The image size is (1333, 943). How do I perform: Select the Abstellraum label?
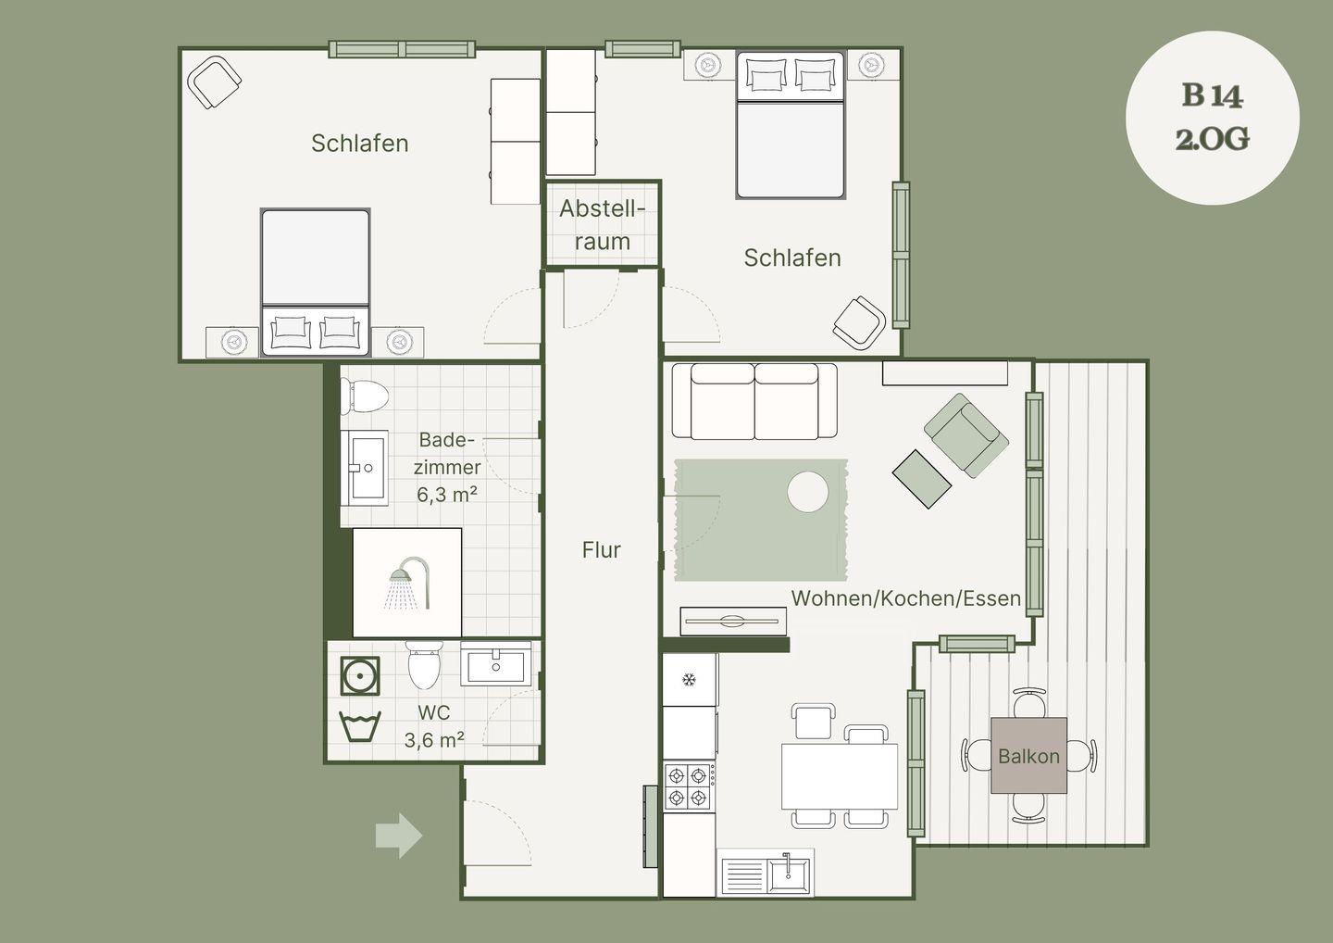[x=603, y=225]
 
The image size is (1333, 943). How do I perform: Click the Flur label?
[x=601, y=550]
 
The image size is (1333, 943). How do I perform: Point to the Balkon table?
[x=1028, y=755]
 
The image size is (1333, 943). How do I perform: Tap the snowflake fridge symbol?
[x=689, y=679]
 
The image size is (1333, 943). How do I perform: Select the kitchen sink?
[x=766, y=873]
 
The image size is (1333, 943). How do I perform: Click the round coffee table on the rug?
[x=807, y=492]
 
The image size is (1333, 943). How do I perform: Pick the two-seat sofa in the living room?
[x=754, y=401]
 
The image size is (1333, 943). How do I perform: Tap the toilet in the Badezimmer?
[x=364, y=396]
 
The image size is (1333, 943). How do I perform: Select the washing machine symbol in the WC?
[x=359, y=675]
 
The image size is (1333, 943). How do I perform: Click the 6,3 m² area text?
[x=447, y=494]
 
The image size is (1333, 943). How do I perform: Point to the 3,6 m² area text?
[x=434, y=740]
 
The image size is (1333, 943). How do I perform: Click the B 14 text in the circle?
[x=1213, y=95]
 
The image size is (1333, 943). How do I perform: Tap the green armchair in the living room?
[x=966, y=434]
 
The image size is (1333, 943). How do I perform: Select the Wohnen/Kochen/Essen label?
[x=905, y=598]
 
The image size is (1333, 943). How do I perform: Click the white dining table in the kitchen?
[x=840, y=775]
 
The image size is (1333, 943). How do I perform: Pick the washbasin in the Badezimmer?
[x=364, y=468]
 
